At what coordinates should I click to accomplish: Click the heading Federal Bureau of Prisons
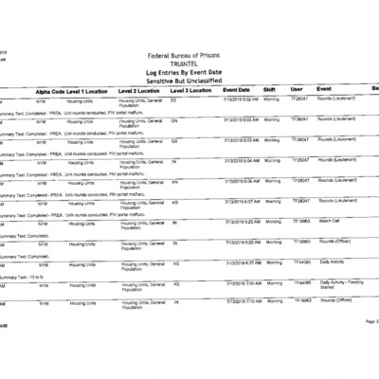pyautogui.click(x=189, y=54)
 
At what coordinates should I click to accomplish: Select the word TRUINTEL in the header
pyautogui.click(x=189, y=63)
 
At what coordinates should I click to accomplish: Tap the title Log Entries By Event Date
pyautogui.click(x=189, y=72)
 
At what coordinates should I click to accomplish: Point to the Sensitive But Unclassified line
pyautogui.click(x=189, y=81)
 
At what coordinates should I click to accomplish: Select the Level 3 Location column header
pyautogui.click(x=190, y=90)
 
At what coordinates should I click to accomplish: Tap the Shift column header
pyautogui.click(x=269, y=90)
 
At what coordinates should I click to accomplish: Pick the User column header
pyautogui.click(x=297, y=90)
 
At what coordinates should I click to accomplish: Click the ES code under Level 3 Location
pyautogui.click(x=174, y=99)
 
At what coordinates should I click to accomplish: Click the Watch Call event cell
pyautogui.click(x=330, y=221)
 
